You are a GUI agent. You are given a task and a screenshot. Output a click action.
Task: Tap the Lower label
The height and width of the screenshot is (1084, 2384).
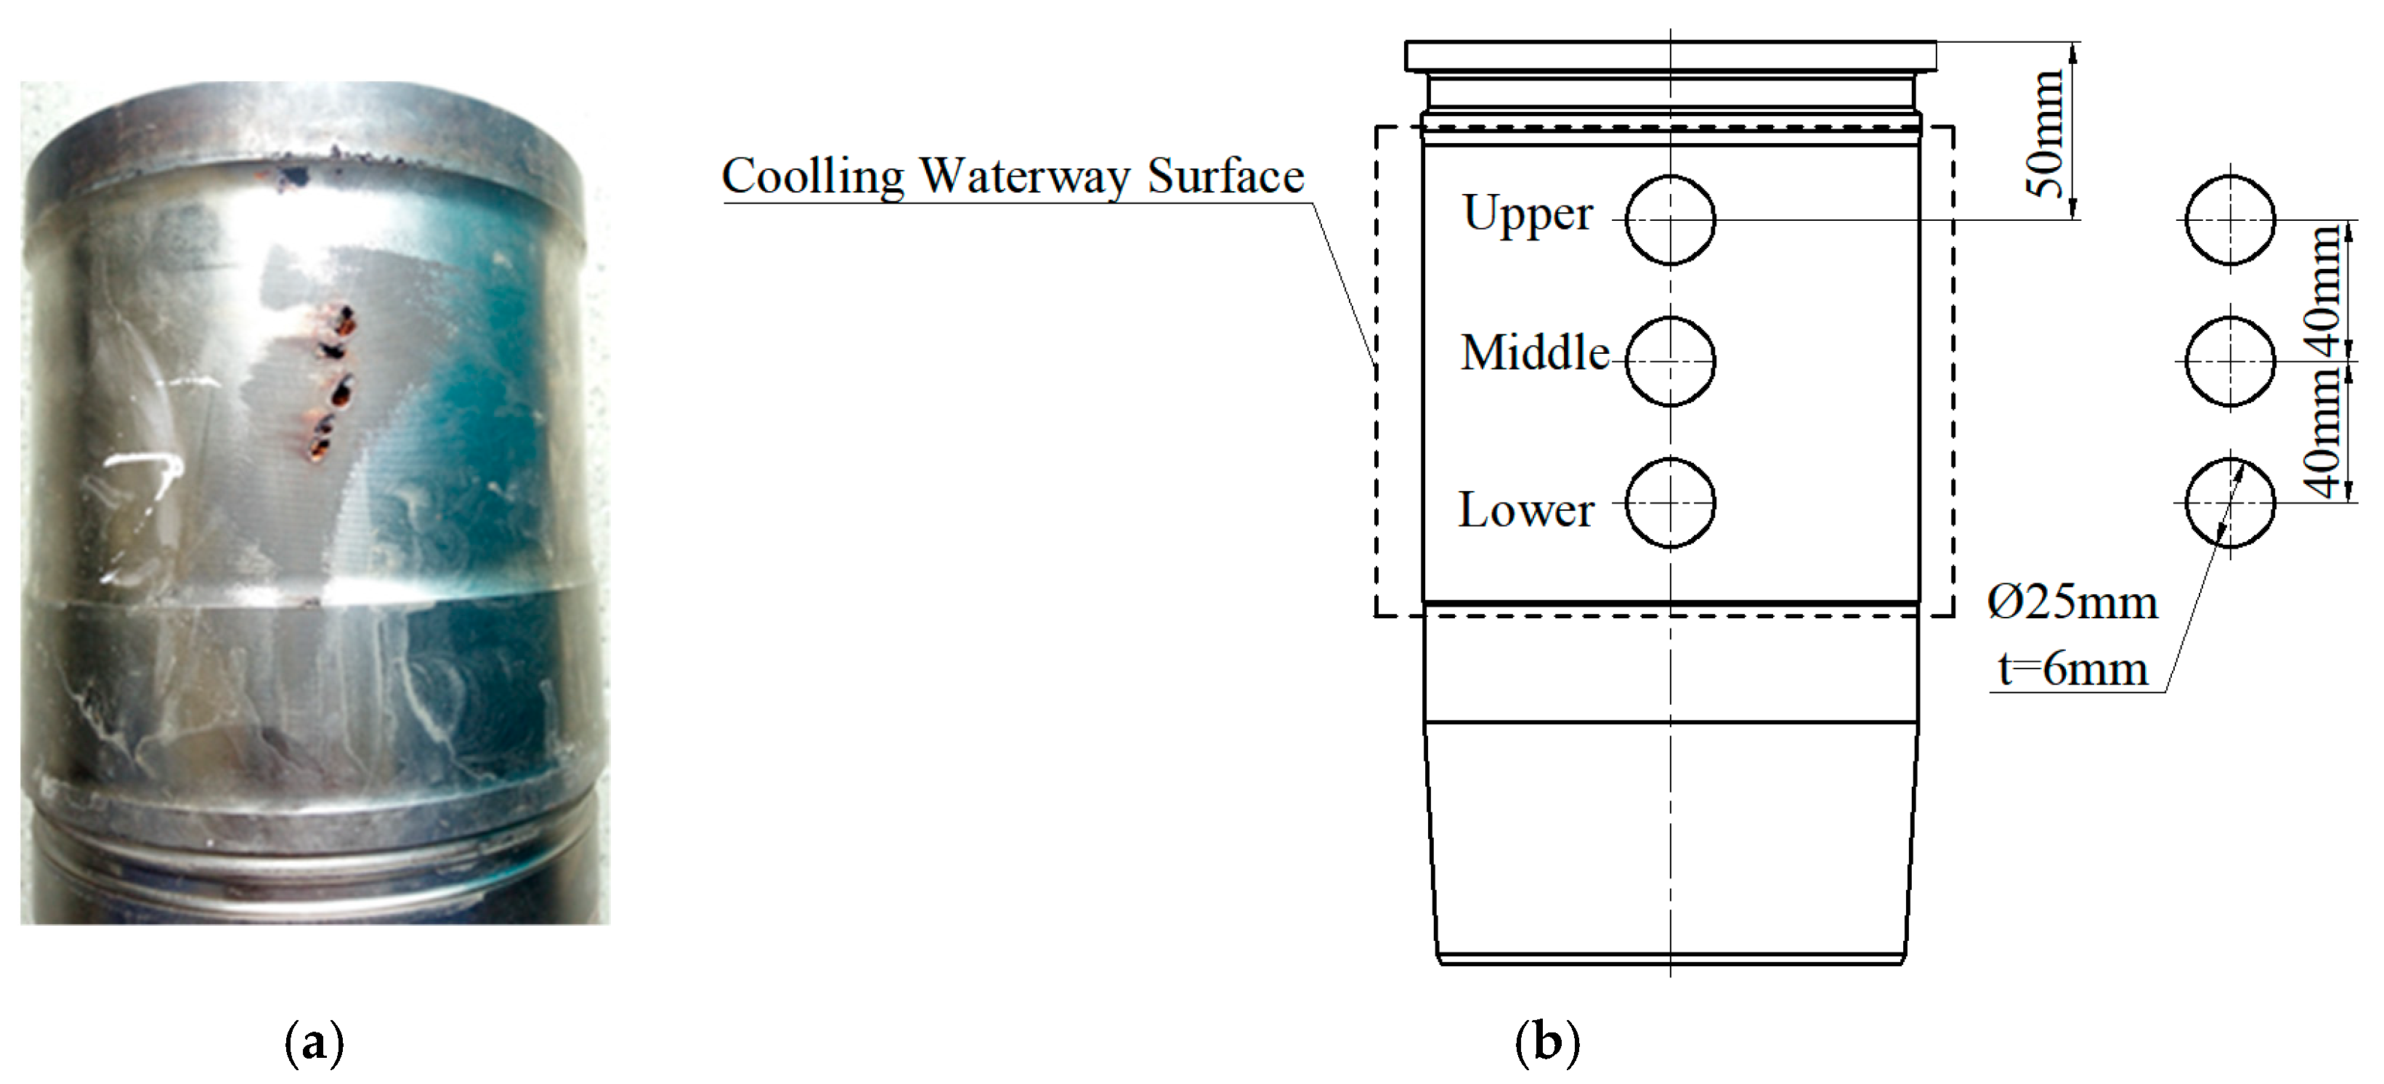click(1526, 510)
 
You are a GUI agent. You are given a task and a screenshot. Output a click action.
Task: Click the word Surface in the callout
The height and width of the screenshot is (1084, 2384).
click(1225, 176)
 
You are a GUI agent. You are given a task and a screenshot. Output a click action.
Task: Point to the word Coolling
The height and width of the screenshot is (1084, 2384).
click(813, 176)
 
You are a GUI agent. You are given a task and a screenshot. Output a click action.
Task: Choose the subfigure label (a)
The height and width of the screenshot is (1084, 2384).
click(315, 1043)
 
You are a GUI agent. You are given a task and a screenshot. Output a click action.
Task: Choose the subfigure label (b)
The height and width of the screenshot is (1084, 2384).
click(1547, 1043)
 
